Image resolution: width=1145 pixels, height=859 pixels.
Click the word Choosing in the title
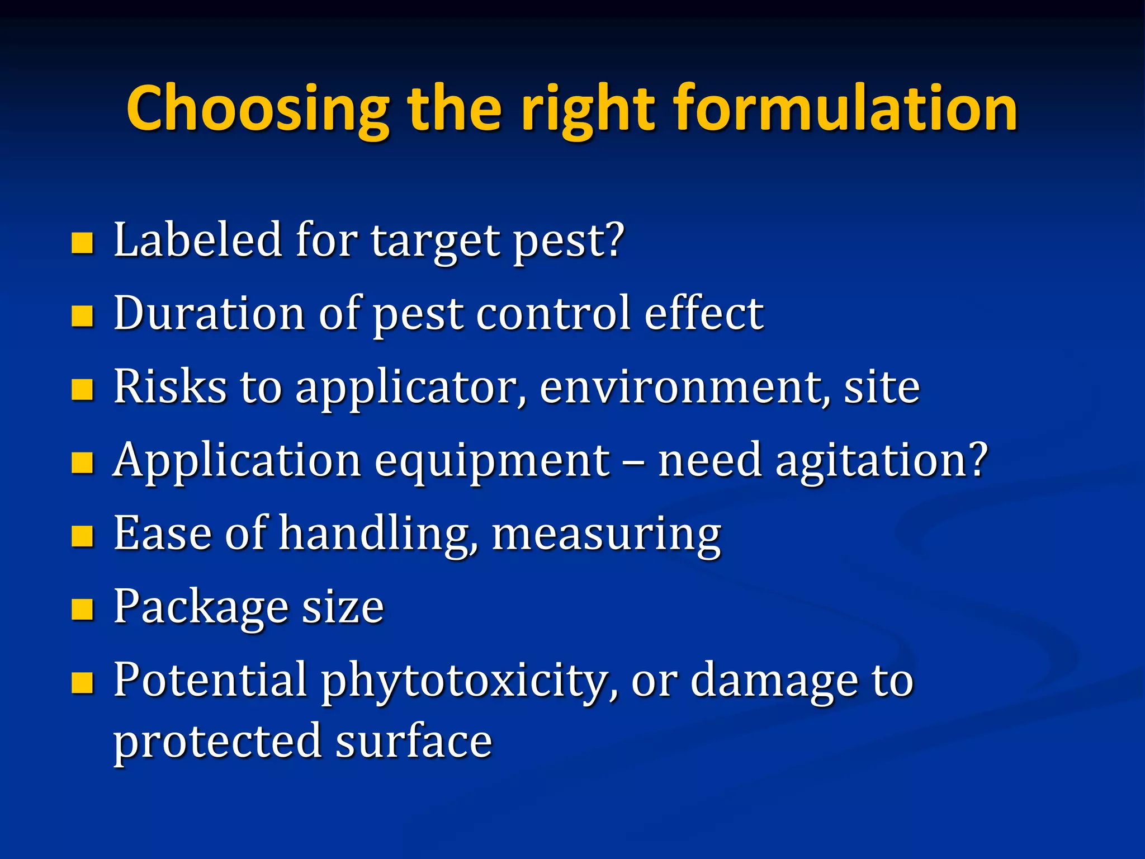pyautogui.click(x=258, y=109)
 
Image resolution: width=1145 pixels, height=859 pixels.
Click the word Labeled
pyautogui.click(x=197, y=240)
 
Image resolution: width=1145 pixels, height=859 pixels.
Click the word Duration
pyautogui.click(x=209, y=313)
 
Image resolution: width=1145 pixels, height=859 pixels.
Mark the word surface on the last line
pyautogui.click(x=413, y=741)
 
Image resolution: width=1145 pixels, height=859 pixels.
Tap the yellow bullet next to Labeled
pyautogui.click(x=82, y=243)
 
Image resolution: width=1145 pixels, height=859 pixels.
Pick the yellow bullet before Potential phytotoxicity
pyautogui.click(x=82, y=683)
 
